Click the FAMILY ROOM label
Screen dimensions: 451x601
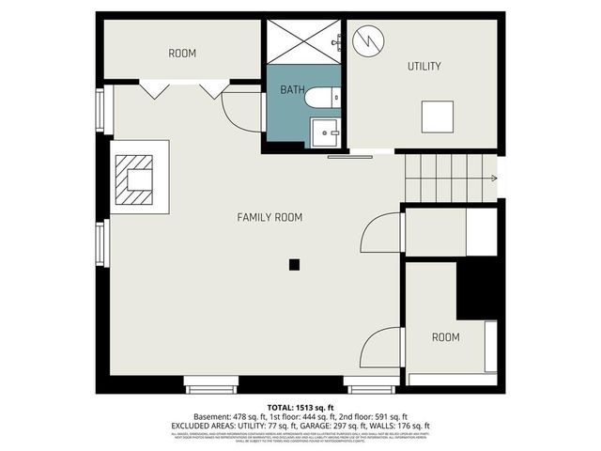pos(269,217)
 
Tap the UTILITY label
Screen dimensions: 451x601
pos(424,66)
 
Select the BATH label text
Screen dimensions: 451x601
pos(292,89)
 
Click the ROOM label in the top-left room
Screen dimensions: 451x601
pos(182,54)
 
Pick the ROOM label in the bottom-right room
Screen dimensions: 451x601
pos(445,336)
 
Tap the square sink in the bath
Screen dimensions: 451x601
pos(328,133)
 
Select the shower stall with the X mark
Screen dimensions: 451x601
pos(303,40)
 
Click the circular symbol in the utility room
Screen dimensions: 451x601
pos(371,40)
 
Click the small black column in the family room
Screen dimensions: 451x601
pos(294,265)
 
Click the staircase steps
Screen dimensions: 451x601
pos(447,177)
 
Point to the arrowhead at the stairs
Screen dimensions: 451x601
pos(493,177)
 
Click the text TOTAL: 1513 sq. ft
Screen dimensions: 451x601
pos(300,406)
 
